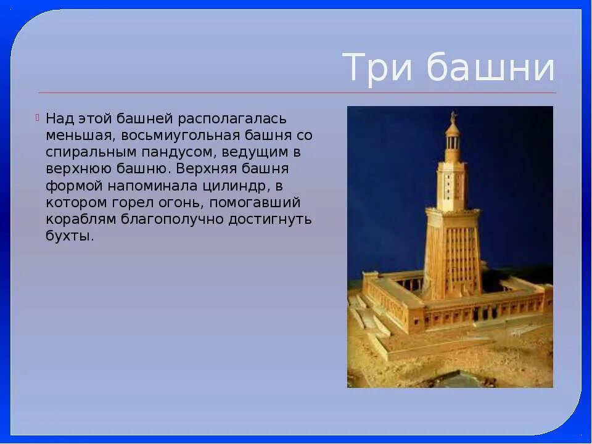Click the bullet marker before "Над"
click(x=38, y=117)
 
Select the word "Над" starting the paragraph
click(x=59, y=118)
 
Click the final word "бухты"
click(x=69, y=236)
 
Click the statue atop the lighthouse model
click(x=453, y=117)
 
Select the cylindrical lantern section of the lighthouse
click(x=453, y=141)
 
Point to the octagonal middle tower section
click(x=453, y=183)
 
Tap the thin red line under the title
click(x=296, y=92)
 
